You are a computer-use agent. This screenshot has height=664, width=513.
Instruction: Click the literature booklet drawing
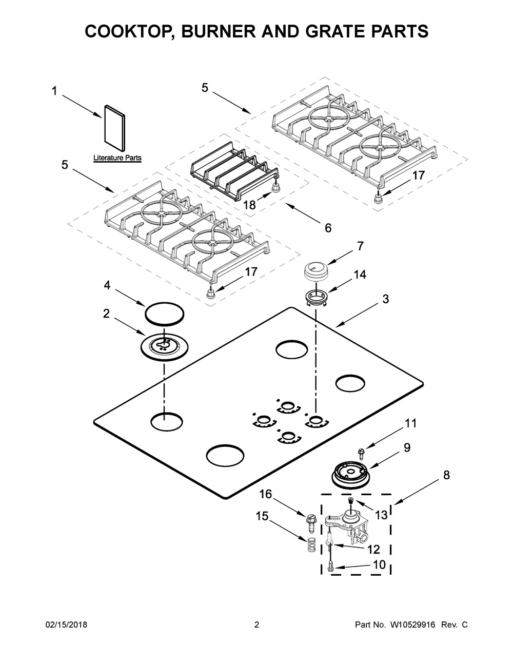click(x=114, y=128)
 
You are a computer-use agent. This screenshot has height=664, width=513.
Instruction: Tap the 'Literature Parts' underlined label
click(x=117, y=158)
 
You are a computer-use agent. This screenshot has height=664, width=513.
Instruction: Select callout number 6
click(x=328, y=228)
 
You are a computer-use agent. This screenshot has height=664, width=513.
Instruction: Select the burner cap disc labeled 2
click(x=164, y=347)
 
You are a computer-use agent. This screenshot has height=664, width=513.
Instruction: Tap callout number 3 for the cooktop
click(x=385, y=299)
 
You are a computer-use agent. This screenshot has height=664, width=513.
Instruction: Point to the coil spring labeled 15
click(x=310, y=545)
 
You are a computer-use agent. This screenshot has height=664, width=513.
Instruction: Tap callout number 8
click(x=446, y=475)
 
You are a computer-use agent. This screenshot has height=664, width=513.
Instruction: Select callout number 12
click(x=373, y=549)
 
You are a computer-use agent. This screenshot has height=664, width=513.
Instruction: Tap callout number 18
click(x=249, y=205)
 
